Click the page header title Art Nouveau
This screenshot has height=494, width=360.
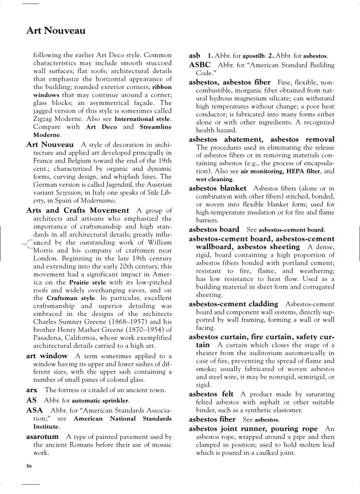[56, 31]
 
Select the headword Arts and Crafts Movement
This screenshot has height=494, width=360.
[78, 210]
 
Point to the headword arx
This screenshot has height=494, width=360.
[32, 390]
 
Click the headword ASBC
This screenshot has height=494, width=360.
[200, 65]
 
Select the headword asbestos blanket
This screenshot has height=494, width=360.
[218, 188]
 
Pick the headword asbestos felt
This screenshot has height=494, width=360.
[211, 394]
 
